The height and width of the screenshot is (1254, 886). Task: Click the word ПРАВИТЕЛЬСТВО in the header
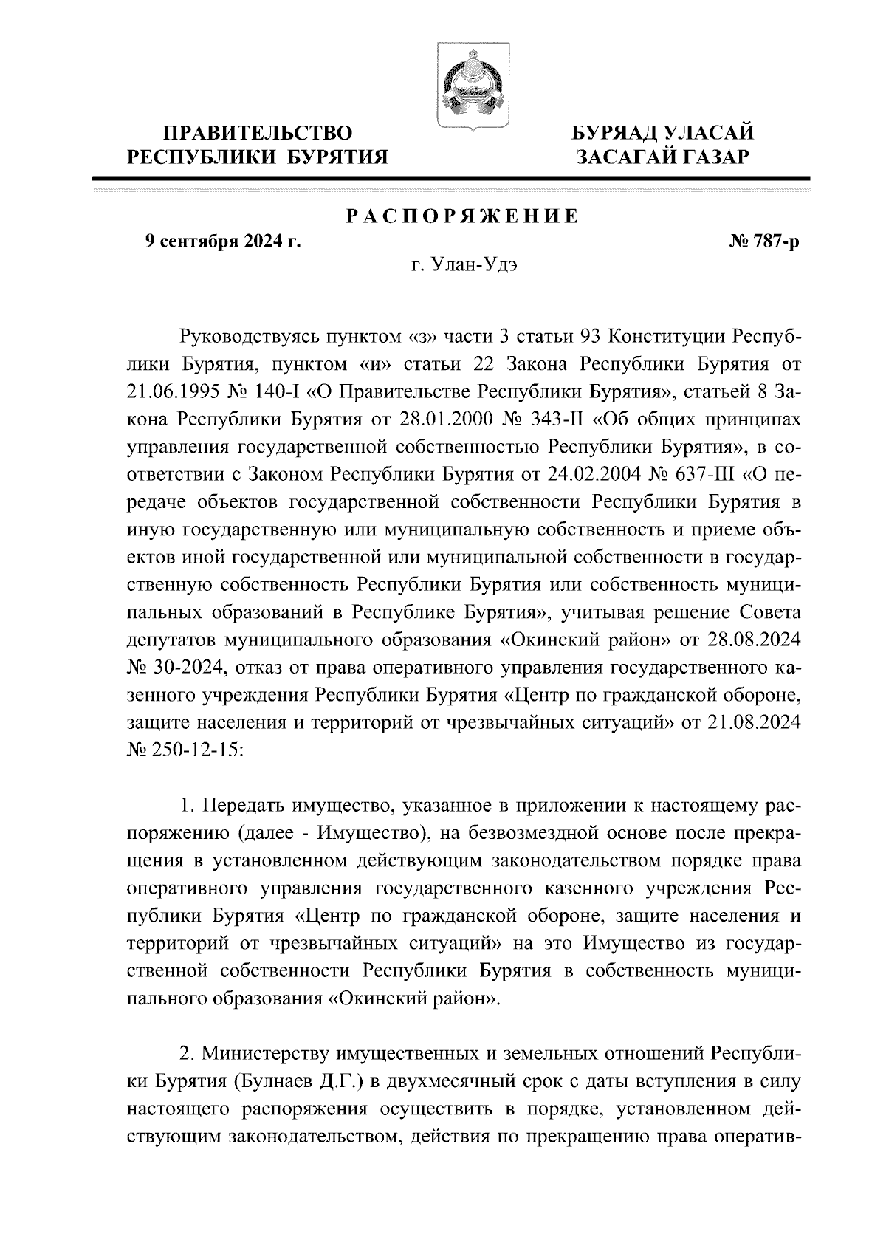click(x=258, y=134)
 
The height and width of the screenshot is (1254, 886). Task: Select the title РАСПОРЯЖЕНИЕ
click(x=463, y=216)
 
